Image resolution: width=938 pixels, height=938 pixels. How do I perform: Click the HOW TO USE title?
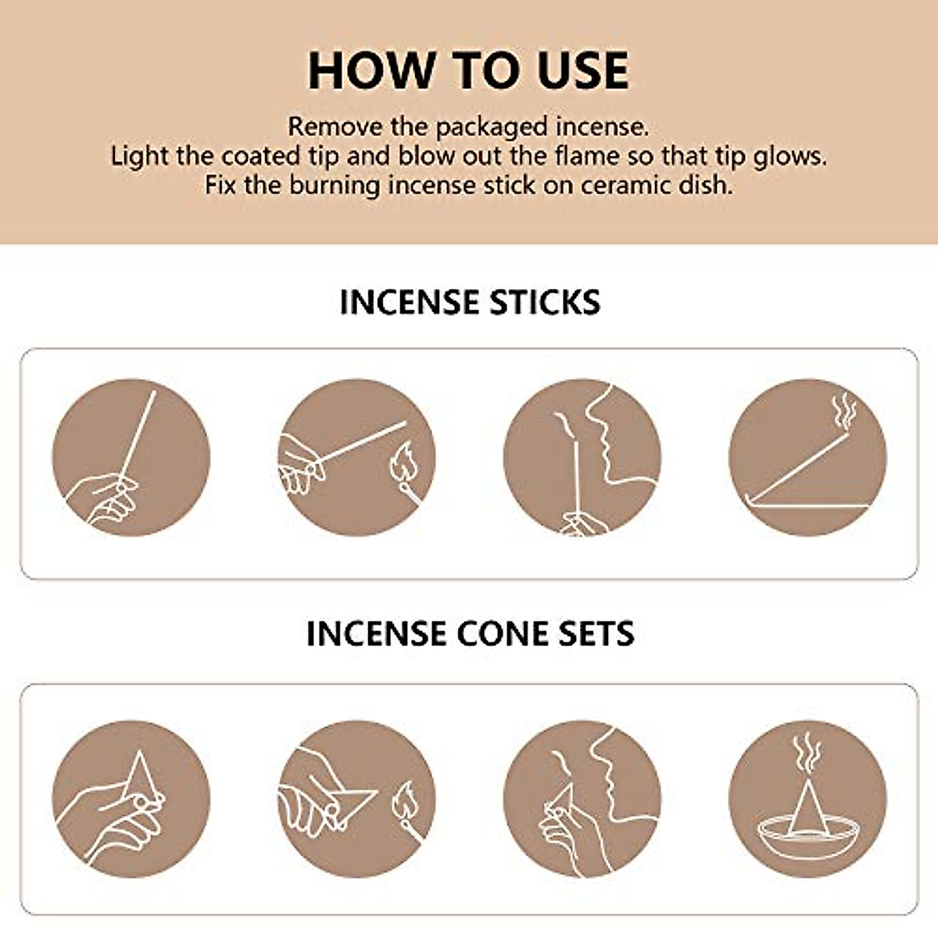point(468,70)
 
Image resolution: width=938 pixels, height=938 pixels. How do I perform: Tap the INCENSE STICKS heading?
point(470,303)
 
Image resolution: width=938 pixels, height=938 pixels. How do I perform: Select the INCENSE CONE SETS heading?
point(470,633)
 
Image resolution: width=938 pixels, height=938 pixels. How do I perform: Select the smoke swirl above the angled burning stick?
point(843,411)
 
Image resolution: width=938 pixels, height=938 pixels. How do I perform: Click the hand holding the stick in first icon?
point(106,500)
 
